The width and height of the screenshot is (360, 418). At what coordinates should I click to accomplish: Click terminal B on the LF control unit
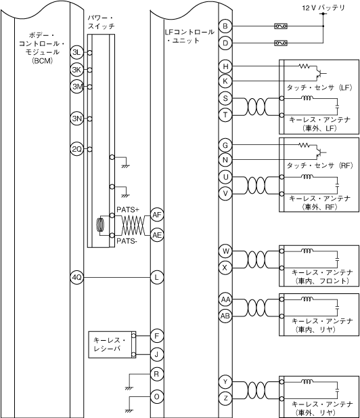(x=225, y=26)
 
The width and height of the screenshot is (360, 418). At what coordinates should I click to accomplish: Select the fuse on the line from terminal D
(x=281, y=43)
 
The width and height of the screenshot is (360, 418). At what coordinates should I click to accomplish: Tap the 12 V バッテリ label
(x=323, y=7)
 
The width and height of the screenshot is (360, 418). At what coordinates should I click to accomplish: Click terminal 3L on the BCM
(x=76, y=52)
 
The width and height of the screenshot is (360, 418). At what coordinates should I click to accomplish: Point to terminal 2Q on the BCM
(x=76, y=149)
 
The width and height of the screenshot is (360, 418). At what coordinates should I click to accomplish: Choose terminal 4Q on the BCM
(x=76, y=278)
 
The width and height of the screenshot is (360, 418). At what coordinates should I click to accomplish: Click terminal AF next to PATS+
(x=157, y=215)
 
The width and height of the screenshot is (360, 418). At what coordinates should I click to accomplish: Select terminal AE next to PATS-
(x=157, y=235)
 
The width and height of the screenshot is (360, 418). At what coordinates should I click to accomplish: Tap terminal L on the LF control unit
(x=156, y=278)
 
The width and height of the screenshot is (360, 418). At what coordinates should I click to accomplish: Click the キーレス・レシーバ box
(x=112, y=344)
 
